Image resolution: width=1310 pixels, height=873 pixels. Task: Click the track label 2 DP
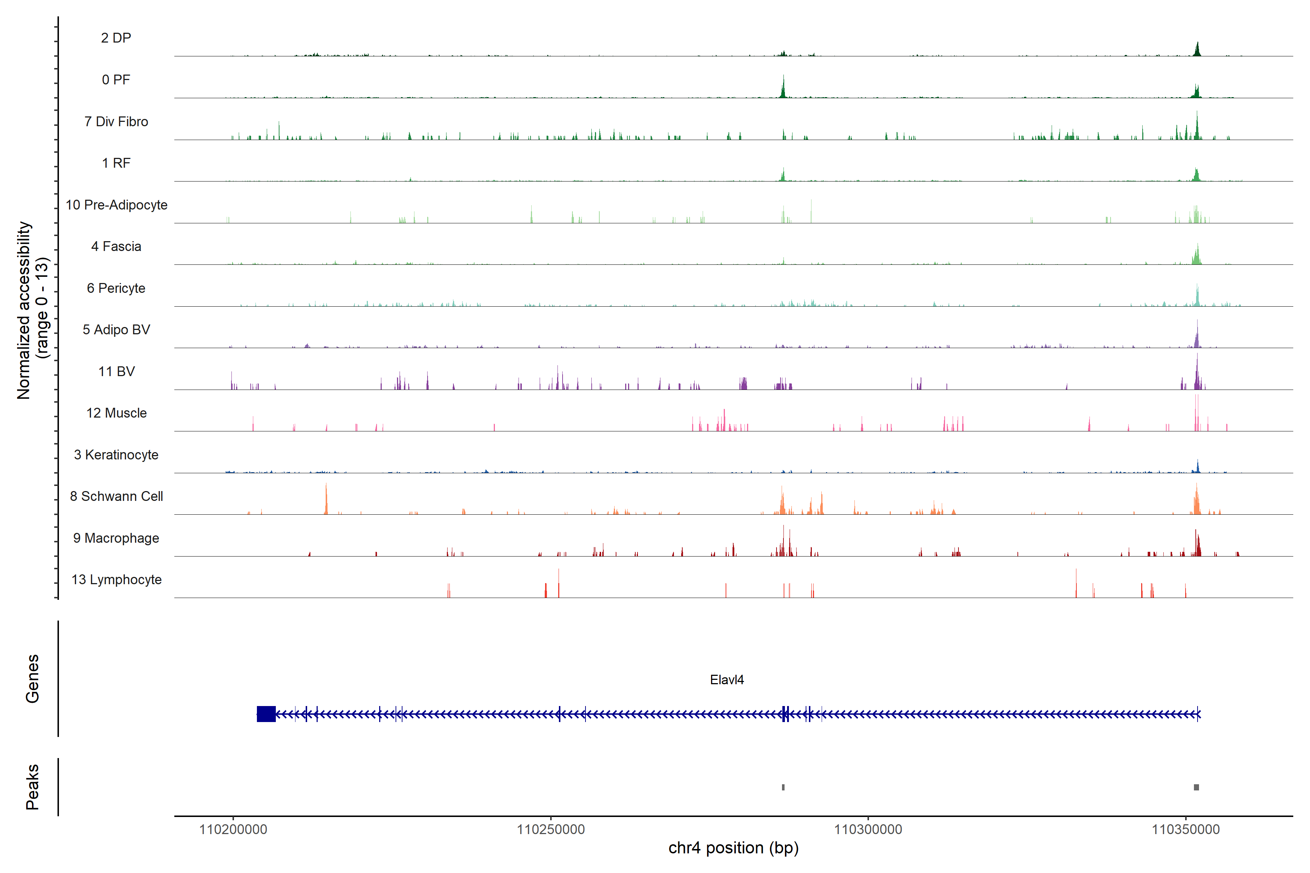[116, 38]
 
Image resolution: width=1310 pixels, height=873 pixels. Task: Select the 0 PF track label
[116, 80]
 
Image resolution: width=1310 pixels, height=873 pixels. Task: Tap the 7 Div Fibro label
[116, 121]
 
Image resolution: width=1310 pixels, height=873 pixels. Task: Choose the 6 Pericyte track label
[116, 288]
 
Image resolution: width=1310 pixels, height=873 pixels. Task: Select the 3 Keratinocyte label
[116, 455]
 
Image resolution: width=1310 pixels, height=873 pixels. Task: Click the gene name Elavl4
[727, 680]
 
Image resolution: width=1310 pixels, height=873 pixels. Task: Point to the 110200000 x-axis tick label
[233, 830]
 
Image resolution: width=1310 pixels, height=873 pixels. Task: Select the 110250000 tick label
[551, 830]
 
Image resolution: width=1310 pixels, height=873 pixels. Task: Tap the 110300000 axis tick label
[868, 830]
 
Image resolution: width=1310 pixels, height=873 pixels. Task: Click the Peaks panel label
[32, 787]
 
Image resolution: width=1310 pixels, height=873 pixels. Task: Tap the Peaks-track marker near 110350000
[1196, 787]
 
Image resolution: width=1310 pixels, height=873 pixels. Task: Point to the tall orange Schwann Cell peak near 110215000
[326, 499]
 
